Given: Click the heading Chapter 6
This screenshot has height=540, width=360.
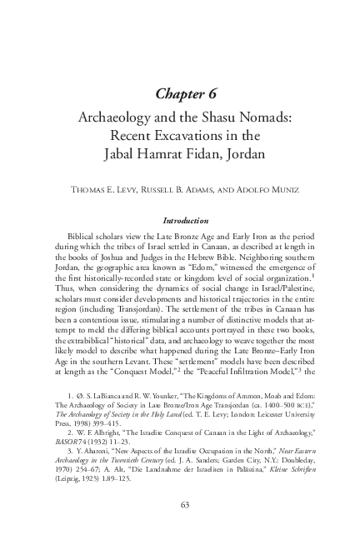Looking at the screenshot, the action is pyautogui.click(x=180, y=92).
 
